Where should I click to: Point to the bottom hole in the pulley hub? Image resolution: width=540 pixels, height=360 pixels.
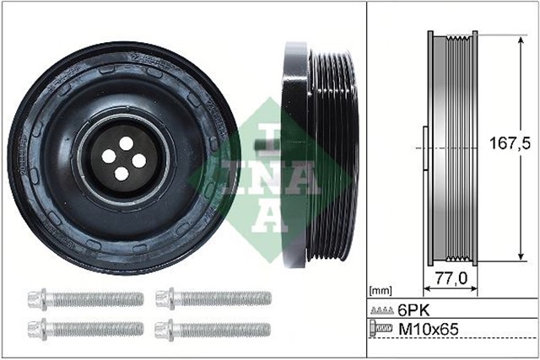(x=121, y=173)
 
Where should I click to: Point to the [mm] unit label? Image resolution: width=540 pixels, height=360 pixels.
(x=381, y=289)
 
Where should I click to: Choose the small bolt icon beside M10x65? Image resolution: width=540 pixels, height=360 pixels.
(x=382, y=329)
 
